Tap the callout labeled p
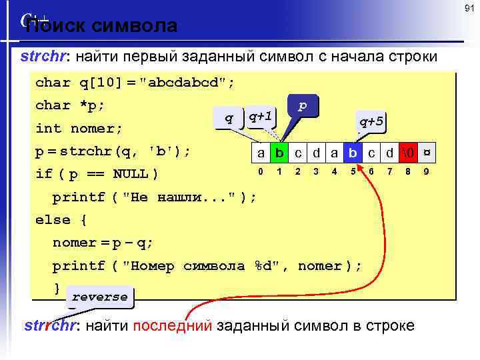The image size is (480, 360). pyautogui.click(x=303, y=106)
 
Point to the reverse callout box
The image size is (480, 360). pyautogui.click(x=99, y=297)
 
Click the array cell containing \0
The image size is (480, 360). pyautogui.click(x=408, y=153)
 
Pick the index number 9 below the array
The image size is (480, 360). pyautogui.click(x=426, y=171)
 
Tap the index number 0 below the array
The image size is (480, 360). pyautogui.click(x=261, y=171)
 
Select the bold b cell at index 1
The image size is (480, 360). pyautogui.click(x=279, y=153)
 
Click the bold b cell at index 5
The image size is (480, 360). pyautogui.click(x=353, y=153)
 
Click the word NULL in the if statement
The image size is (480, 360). pyautogui.click(x=131, y=174)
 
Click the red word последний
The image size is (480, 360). pyautogui.click(x=173, y=325)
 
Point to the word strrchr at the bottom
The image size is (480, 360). pyautogui.click(x=50, y=325)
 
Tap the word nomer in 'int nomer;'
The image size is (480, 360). pyautogui.click(x=91, y=128)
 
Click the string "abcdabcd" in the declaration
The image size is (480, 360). pyautogui.click(x=187, y=83)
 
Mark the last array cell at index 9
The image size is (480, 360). pyautogui.click(x=426, y=153)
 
